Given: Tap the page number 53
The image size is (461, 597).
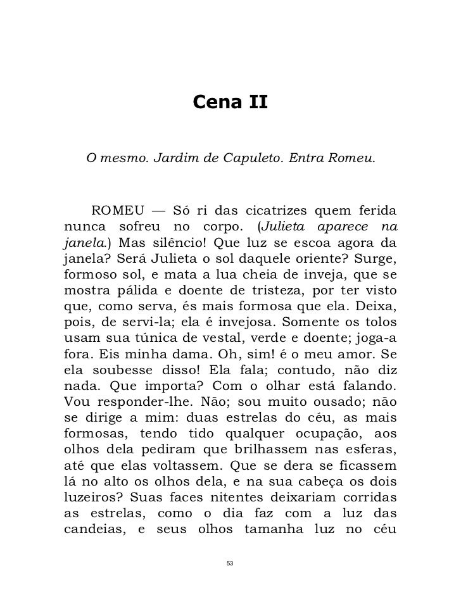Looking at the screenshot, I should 230,563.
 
